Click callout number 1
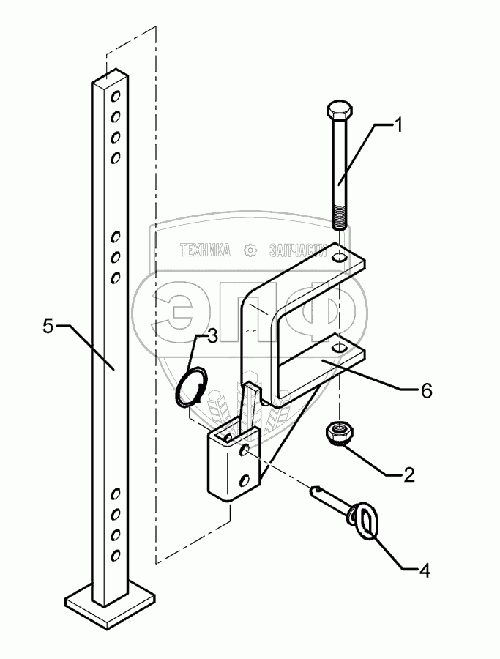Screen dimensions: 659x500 [399, 126]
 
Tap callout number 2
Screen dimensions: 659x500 [408, 474]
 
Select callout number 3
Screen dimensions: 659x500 [212, 336]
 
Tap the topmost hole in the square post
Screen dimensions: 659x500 [116, 95]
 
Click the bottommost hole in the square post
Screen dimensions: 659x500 [115, 556]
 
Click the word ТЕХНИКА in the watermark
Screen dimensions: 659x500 [206, 250]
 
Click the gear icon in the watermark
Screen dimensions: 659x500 [250, 250]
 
